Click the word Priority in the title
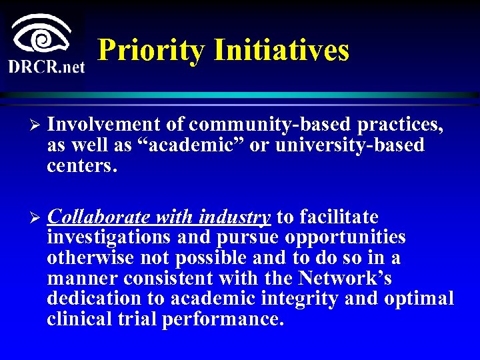point(151,50)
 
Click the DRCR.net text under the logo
point(46,67)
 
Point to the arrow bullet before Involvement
point(37,125)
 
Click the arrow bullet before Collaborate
point(37,218)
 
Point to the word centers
point(82,166)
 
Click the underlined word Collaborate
point(100,217)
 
